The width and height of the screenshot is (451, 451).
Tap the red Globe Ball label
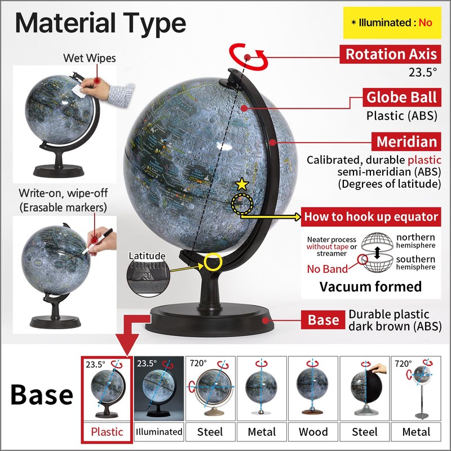401,97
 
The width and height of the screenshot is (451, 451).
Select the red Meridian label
406,141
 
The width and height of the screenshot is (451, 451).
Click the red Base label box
323,320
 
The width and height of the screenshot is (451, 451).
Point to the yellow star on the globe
242,184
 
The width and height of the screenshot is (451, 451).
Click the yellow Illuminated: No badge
391,23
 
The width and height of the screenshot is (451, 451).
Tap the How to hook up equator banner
371,216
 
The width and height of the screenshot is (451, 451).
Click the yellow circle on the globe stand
214,261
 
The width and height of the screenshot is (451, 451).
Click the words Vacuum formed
370,286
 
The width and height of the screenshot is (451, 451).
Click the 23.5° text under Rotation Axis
423,72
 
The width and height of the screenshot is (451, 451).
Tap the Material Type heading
100,23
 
